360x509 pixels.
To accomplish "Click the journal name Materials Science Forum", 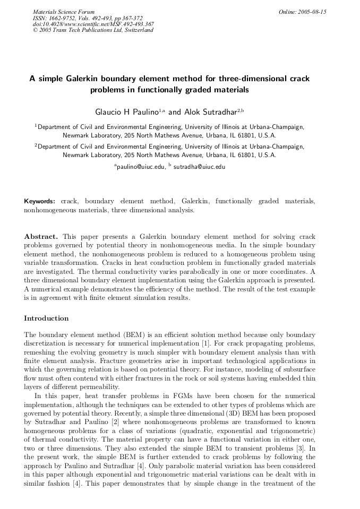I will [63, 12].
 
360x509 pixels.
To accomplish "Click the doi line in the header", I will [93, 24].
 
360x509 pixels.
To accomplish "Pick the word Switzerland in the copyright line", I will [138, 30].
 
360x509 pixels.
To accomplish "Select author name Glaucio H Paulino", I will [127, 113].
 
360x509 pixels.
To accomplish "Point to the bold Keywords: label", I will [40, 202].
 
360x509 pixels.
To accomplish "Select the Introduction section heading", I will [46, 318].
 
